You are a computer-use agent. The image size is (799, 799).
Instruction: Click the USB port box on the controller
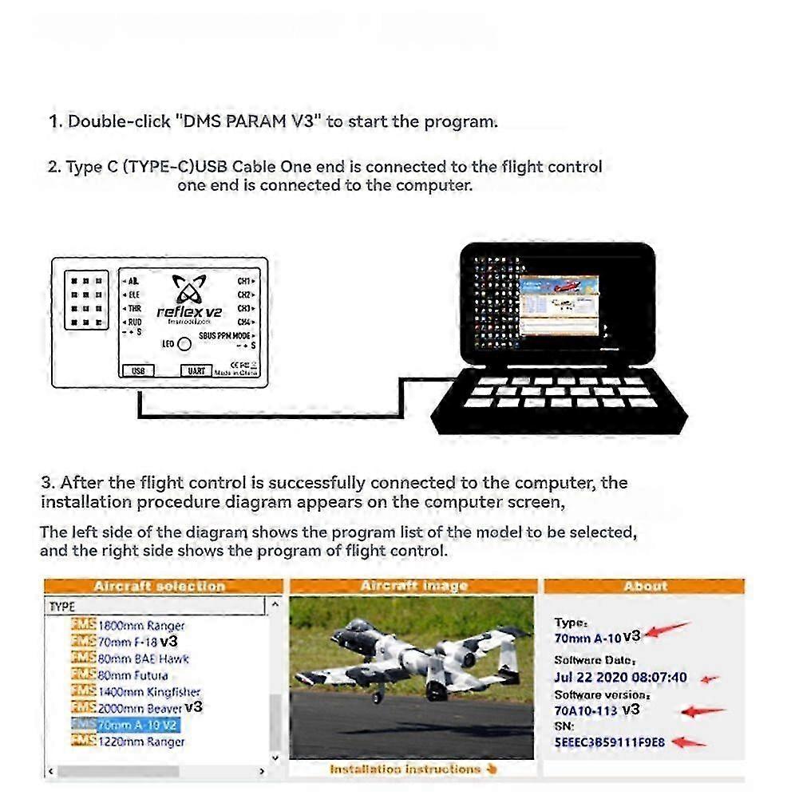(x=138, y=370)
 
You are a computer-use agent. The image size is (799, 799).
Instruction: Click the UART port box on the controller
(x=197, y=370)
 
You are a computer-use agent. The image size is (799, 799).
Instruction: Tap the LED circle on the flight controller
(x=184, y=344)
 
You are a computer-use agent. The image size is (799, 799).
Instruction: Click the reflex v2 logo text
(x=189, y=312)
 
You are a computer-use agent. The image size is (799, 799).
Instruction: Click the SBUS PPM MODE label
(x=223, y=335)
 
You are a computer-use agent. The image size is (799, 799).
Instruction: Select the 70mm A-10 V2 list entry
(x=137, y=725)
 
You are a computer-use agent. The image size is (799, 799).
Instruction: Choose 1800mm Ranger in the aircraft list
(x=140, y=626)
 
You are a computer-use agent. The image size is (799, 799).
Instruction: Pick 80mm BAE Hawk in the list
(x=143, y=659)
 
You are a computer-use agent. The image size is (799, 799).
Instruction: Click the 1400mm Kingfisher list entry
(x=148, y=692)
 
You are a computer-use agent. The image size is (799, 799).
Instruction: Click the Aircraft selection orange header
(x=160, y=587)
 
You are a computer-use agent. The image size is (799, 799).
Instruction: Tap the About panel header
(x=645, y=587)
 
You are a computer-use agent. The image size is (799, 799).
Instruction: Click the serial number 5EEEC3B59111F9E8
(x=609, y=742)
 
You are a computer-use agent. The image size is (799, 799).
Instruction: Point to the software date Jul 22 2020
(x=620, y=678)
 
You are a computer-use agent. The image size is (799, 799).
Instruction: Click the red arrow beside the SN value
(x=687, y=742)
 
